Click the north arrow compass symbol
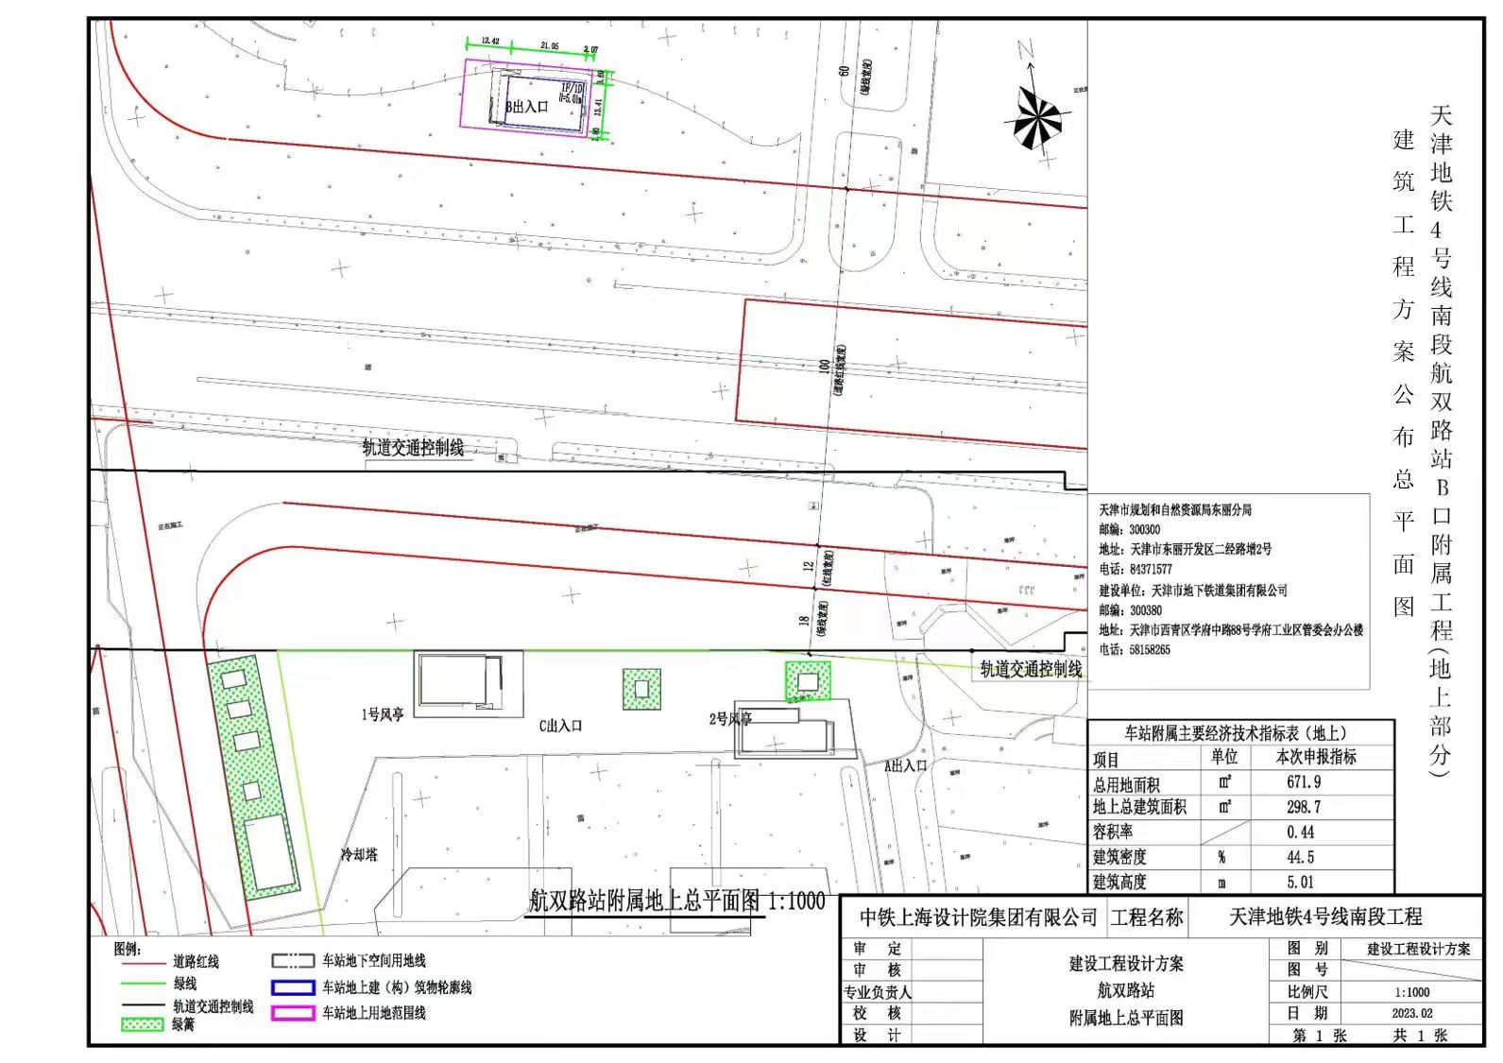point(1037,117)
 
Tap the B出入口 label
point(527,107)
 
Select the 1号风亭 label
point(383,714)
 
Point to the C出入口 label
point(560,726)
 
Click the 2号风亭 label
point(730,719)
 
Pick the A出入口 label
point(905,765)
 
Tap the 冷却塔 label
point(359,854)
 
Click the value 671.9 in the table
point(1304,782)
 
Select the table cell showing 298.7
point(1304,807)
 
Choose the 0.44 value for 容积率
point(1300,832)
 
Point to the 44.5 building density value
point(1300,857)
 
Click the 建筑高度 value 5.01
point(1300,883)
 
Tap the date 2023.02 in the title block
point(1411,1013)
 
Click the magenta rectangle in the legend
point(293,1013)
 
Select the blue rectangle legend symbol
point(293,987)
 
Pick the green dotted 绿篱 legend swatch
point(143,1024)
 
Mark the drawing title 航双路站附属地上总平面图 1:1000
point(676,900)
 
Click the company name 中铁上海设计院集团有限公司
point(978,917)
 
